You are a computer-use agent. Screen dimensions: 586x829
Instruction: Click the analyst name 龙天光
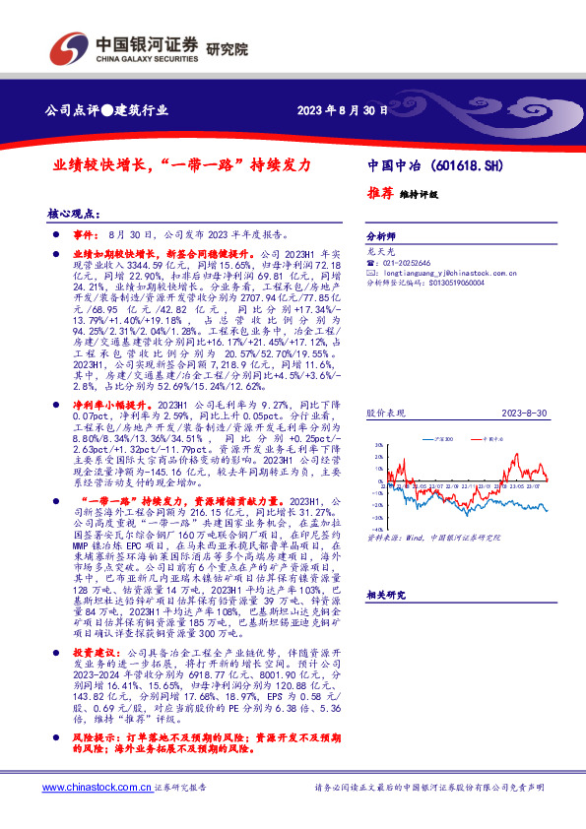tap(379, 252)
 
